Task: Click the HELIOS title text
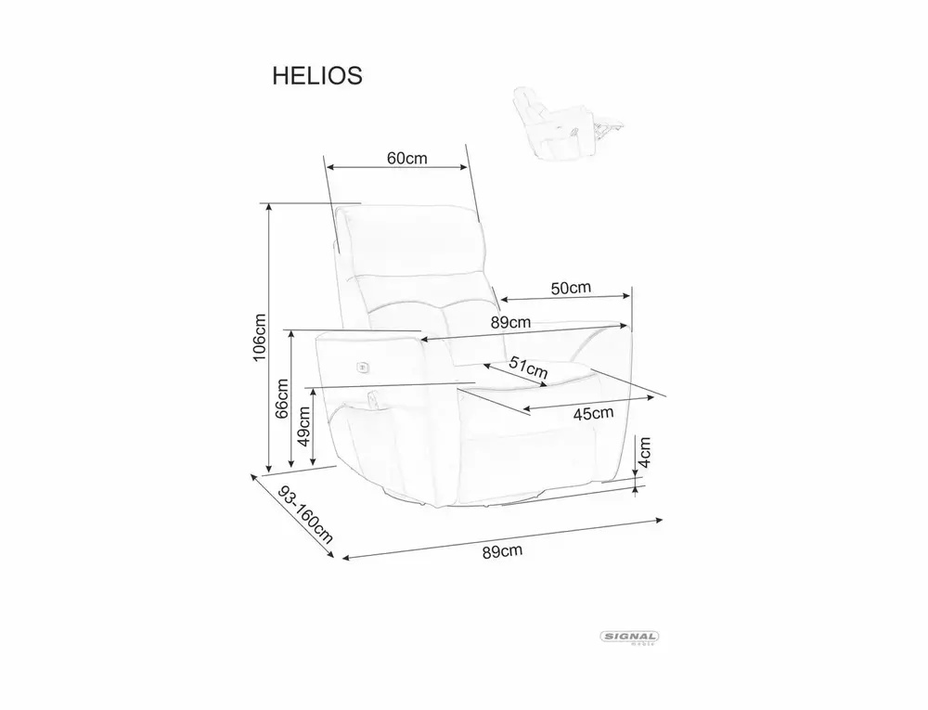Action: point(317,76)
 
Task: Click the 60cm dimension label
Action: point(407,158)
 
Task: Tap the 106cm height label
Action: point(259,338)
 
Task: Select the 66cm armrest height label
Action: point(282,399)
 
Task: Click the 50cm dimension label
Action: point(571,288)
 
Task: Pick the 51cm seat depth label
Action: point(529,368)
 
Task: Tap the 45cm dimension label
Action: point(594,414)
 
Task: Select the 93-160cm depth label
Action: point(305,515)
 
